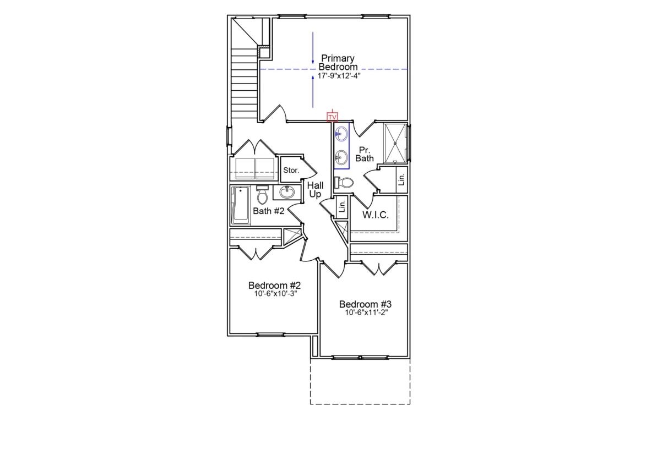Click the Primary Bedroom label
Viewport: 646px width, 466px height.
tap(338, 62)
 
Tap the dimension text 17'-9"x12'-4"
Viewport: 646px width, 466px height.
tap(338, 75)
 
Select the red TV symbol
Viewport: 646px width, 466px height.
tap(332, 117)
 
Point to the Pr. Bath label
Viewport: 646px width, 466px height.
tap(365, 154)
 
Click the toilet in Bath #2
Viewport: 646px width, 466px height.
tap(262, 195)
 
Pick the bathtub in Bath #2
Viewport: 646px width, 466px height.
tap(240, 206)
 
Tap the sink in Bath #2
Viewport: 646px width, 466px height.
tap(286, 192)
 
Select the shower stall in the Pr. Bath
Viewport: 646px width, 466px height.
tap(395, 143)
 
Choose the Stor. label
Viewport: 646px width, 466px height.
tap(291, 171)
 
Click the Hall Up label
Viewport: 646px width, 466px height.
tap(315, 190)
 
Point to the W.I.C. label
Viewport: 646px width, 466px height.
tap(375, 215)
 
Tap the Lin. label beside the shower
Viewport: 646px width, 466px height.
tap(401, 179)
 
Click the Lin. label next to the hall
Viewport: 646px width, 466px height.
tap(342, 206)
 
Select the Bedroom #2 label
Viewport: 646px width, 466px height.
tap(274, 286)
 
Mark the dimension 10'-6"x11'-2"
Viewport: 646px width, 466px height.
tap(366, 313)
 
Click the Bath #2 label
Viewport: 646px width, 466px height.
tap(268, 211)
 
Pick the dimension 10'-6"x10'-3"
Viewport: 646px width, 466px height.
tap(274, 294)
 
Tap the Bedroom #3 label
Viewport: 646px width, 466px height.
tap(365, 304)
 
